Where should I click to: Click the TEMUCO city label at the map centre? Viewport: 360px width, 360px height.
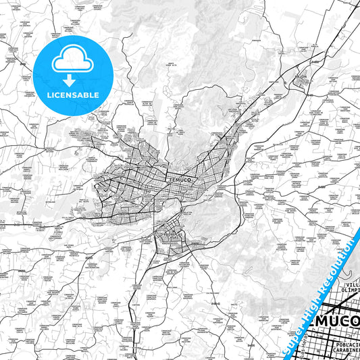tap(176, 182)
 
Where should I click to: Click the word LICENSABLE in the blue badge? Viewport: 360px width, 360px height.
tap(73, 95)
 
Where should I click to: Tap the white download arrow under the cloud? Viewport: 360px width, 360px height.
tap(72, 79)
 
